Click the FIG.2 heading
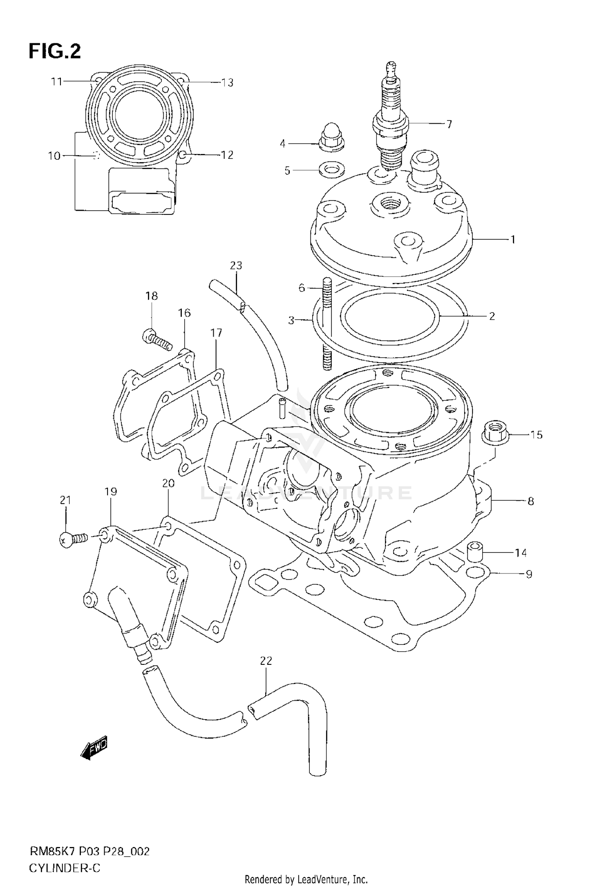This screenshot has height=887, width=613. [55, 52]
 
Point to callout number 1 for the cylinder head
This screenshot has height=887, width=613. [513, 240]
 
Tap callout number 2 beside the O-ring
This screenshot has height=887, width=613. [492, 316]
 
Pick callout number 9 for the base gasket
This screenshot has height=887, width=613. [529, 574]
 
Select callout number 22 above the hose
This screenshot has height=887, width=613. [266, 661]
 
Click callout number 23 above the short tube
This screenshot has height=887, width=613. [236, 265]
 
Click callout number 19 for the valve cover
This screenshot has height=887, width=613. [111, 491]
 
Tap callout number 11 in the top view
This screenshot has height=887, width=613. [56, 82]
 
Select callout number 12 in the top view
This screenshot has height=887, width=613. [227, 155]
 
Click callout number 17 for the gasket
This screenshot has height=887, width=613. [216, 333]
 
